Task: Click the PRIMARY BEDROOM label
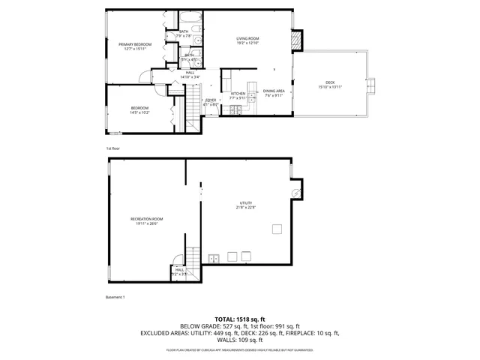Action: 135,44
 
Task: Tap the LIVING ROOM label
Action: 247,38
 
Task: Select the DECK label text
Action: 330,82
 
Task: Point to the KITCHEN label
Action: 238,93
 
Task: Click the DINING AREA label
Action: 273,91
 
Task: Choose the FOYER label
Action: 211,100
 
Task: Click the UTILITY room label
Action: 245,202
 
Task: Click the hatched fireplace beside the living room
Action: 298,38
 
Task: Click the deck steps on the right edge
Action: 370,86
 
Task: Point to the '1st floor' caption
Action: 112,148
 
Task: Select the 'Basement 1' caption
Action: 115,298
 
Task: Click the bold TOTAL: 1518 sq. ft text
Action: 239,319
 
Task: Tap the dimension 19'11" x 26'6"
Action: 146,223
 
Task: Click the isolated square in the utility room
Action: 277,229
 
